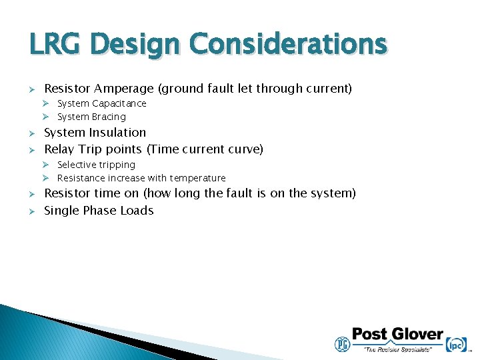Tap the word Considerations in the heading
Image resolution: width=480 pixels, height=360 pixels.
tap(287, 45)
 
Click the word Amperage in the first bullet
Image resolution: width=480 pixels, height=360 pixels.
tap(123, 89)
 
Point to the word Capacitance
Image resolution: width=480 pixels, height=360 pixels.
tap(119, 103)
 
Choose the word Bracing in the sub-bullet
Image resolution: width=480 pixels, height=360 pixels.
tap(109, 117)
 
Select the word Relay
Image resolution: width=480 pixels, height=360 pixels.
tap(59, 149)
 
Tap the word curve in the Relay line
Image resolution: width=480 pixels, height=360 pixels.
tap(243, 149)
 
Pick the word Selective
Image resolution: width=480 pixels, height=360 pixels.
tap(77, 165)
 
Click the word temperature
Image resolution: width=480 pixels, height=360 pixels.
tap(197, 178)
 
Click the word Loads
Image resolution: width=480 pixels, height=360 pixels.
tap(137, 211)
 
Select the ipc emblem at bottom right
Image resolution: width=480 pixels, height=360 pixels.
tap(457, 344)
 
